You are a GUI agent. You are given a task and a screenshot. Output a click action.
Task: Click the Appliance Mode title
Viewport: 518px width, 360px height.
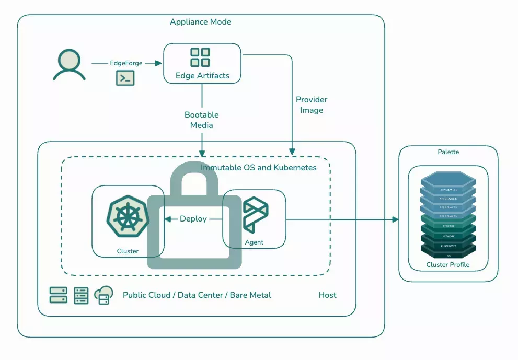(x=200, y=22)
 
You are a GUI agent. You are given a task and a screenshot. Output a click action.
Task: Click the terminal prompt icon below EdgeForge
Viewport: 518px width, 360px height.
(x=125, y=78)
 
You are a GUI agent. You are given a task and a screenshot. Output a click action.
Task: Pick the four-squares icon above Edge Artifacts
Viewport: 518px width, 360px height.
(x=200, y=57)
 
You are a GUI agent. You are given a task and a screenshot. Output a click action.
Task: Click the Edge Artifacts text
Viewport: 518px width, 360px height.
(x=202, y=76)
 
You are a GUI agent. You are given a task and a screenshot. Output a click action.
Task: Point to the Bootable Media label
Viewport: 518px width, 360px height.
(x=201, y=120)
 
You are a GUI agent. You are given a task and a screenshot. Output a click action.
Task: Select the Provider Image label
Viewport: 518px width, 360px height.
(x=312, y=105)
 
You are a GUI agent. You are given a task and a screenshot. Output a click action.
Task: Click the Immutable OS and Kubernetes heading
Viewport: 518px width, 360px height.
(x=259, y=168)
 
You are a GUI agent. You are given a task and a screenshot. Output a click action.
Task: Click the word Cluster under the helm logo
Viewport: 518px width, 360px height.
(x=128, y=251)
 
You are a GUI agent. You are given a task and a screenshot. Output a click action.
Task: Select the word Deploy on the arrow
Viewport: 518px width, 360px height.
(x=193, y=219)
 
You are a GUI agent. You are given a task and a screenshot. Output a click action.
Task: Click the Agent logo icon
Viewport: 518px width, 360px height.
(x=256, y=215)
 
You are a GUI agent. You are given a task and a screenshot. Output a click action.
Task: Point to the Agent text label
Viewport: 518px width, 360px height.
(x=254, y=242)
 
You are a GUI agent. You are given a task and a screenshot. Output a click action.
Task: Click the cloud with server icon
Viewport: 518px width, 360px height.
(x=103, y=295)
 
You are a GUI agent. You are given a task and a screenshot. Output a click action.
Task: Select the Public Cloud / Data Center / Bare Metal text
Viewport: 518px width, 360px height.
(x=197, y=295)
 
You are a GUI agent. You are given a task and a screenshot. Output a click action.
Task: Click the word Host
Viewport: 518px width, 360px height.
(x=327, y=295)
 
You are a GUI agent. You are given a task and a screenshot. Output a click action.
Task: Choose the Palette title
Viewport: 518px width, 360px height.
(x=448, y=152)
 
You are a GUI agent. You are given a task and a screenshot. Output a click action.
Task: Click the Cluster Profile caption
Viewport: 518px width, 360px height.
(x=448, y=265)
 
